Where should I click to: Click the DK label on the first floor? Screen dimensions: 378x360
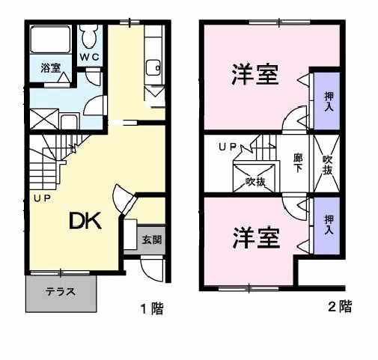(85, 221)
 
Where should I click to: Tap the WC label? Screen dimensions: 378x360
(89, 57)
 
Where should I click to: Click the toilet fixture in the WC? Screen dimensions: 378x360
(89, 37)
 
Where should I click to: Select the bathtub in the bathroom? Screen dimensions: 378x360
(50, 39)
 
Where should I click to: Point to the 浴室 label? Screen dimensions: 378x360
(51, 68)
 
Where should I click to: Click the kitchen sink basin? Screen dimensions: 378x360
(153, 67)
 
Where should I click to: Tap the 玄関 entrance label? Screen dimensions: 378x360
(152, 240)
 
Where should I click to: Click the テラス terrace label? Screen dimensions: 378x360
(61, 291)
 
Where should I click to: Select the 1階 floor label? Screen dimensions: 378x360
(152, 308)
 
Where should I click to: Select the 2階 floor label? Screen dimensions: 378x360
(340, 307)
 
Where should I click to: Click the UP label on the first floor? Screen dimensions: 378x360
(43, 198)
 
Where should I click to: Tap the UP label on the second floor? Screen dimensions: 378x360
(228, 147)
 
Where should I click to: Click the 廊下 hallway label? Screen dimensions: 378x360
(298, 163)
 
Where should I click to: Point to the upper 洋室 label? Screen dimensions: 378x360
(254, 75)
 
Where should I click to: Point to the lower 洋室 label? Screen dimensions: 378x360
(256, 238)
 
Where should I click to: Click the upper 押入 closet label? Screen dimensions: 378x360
(329, 102)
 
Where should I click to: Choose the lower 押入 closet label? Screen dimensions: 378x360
(329, 225)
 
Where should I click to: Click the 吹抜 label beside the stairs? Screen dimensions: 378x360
(255, 182)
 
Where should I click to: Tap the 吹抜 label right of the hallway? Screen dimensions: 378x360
(327, 165)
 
